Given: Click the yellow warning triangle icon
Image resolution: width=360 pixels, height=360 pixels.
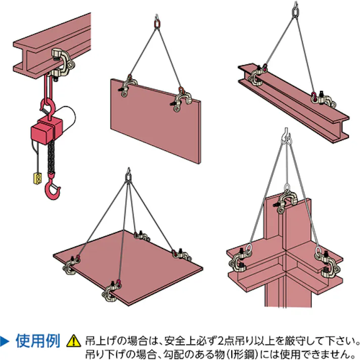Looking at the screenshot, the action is [74, 341].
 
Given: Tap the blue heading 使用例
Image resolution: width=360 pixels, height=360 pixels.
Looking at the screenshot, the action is [38, 341].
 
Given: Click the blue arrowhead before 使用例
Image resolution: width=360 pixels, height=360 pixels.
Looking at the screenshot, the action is [4, 341].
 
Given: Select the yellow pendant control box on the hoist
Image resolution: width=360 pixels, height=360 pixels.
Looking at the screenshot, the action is [38, 178].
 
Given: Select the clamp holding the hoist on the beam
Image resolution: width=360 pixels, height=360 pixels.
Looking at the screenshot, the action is [62, 64].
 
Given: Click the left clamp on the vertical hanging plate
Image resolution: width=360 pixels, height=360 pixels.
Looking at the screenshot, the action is [128, 86].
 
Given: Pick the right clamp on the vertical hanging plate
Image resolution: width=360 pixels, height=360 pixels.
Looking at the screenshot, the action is [181, 101].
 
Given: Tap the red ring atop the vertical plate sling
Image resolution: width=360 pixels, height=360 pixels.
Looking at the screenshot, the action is [157, 24].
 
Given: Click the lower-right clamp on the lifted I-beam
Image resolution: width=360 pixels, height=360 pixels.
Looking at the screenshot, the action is [323, 99].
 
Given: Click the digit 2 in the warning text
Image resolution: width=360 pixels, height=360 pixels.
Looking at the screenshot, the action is [221, 341].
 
